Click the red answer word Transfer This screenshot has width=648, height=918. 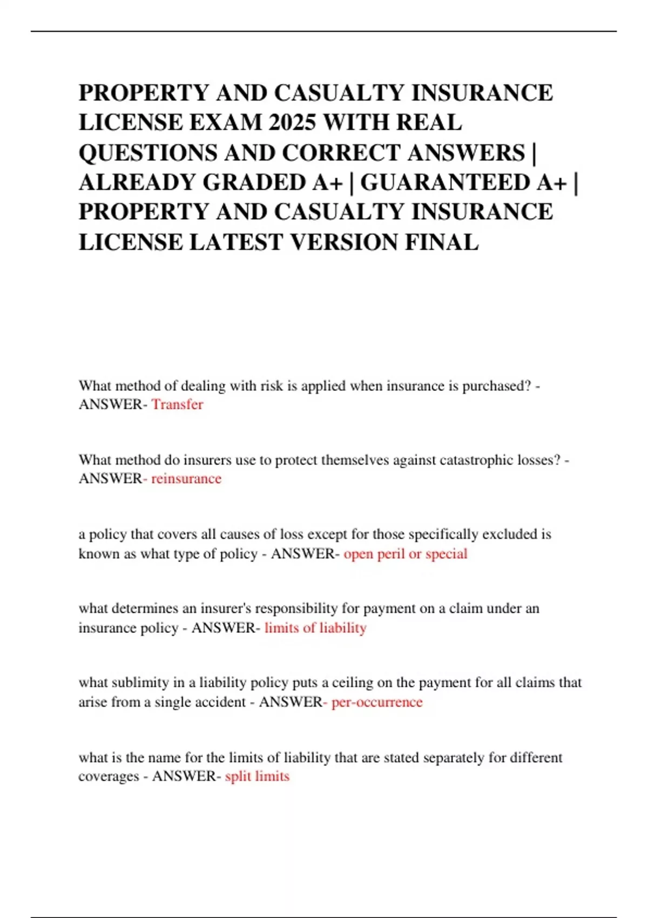pyautogui.click(x=177, y=404)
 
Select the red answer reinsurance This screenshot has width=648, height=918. pyautogui.click(x=186, y=478)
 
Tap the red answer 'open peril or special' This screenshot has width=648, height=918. pyautogui.click(x=406, y=553)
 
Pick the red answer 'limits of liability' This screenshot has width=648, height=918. pyautogui.click(x=315, y=627)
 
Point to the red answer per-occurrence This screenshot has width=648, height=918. pyautogui.click(x=377, y=702)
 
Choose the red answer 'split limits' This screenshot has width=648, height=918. pyautogui.click(x=257, y=776)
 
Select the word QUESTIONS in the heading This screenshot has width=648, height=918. pyautogui.click(x=147, y=153)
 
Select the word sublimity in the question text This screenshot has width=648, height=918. pyautogui.click(x=145, y=683)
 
